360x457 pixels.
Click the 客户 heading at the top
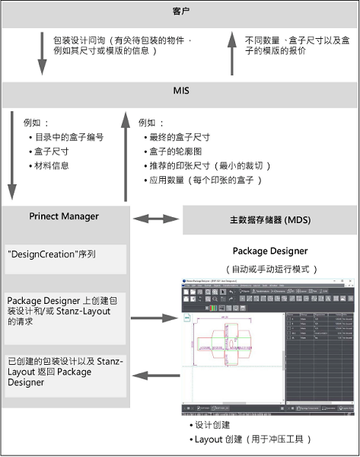(x=180, y=13)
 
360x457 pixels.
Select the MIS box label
(x=180, y=91)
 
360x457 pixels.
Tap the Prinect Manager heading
(x=64, y=216)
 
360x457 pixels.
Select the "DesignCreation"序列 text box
(x=65, y=254)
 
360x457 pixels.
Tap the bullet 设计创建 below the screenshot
(x=217, y=424)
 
